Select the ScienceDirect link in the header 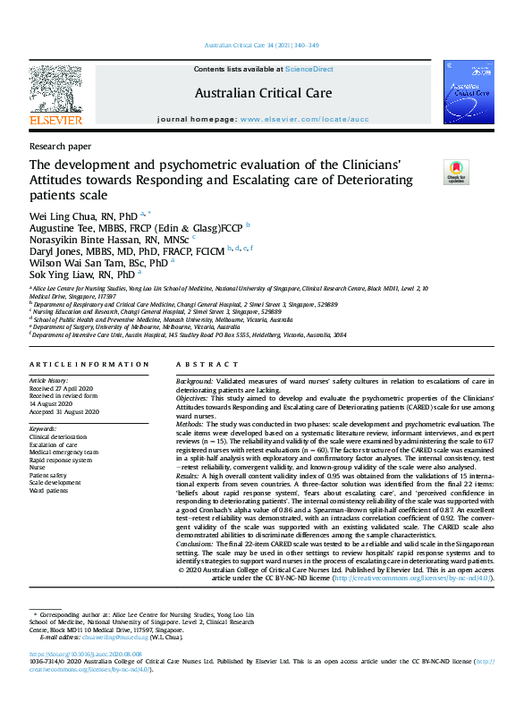tap(309, 68)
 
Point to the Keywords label tap(43, 429)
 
